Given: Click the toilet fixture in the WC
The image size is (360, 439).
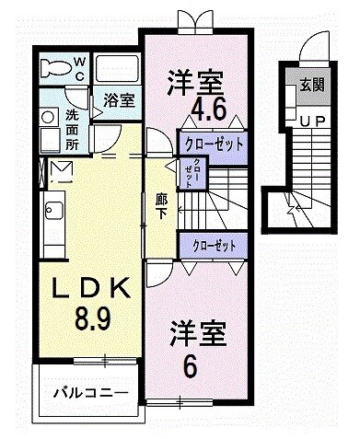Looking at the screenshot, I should click(62, 67).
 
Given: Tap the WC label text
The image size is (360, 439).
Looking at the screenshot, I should click(79, 68).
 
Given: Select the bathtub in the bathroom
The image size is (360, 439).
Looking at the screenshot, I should click(116, 69).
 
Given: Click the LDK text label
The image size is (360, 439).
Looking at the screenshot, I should click(90, 290).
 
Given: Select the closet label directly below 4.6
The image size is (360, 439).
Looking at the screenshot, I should click(213, 144).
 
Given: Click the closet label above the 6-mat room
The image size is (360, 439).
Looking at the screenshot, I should click(213, 247).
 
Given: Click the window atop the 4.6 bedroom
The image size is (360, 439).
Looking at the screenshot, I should click(195, 23).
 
